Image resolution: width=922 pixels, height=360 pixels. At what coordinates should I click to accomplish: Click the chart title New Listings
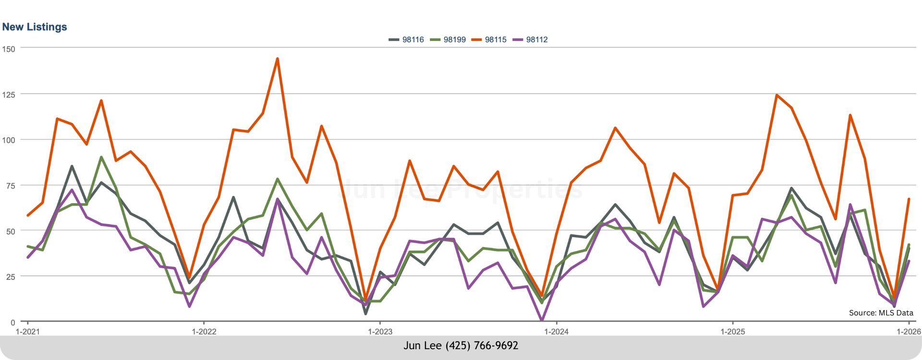point(35,27)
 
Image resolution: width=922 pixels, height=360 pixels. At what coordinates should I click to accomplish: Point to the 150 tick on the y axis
point(9,49)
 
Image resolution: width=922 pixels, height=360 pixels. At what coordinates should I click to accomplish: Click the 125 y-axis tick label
point(9,95)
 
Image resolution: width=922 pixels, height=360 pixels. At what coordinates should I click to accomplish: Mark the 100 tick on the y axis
point(9,140)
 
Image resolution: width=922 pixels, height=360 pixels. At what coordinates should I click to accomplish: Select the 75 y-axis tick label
point(11,186)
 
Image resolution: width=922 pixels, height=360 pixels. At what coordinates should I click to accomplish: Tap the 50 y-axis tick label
point(11,231)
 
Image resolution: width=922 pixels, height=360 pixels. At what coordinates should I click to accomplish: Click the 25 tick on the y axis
point(11,277)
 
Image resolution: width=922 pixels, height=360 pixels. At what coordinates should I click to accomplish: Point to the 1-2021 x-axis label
point(27,332)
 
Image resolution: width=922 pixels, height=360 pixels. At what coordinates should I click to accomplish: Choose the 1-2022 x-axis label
point(204,332)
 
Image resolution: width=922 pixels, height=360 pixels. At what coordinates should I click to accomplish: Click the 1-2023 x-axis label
point(380,332)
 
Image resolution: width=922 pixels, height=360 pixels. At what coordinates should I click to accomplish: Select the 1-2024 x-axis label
point(556,332)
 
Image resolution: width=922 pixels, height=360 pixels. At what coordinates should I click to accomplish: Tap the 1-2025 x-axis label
point(732,332)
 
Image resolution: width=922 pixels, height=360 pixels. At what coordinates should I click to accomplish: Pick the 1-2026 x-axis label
point(909,332)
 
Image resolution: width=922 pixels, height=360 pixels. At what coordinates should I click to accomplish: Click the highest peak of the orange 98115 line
point(277,59)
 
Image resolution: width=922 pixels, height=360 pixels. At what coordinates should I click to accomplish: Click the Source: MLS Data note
point(881,313)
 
